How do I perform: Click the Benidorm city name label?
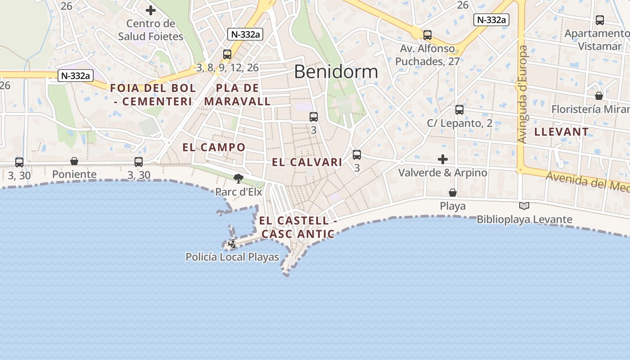(x=336, y=72)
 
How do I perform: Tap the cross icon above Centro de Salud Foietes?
(x=151, y=10)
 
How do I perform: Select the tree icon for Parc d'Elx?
(x=238, y=179)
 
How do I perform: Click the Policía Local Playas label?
(x=232, y=257)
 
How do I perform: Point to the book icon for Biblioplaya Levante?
(x=524, y=206)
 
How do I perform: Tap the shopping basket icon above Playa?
(x=453, y=193)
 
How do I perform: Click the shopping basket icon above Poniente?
(x=74, y=161)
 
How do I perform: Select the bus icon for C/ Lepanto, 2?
(x=459, y=109)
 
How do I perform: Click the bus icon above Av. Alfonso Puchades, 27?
(x=427, y=35)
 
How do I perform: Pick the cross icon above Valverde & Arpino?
(x=443, y=159)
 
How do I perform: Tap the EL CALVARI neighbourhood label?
(x=307, y=162)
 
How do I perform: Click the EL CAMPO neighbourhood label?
(x=214, y=147)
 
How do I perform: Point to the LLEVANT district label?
(x=561, y=132)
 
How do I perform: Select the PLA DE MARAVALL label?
(x=238, y=94)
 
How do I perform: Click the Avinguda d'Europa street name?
(x=522, y=94)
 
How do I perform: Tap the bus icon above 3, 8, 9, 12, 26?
(x=227, y=54)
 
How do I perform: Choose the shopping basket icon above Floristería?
(x=599, y=96)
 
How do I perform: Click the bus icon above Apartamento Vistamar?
(x=600, y=20)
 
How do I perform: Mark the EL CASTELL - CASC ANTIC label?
(x=298, y=227)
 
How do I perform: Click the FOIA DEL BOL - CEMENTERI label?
(x=153, y=94)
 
